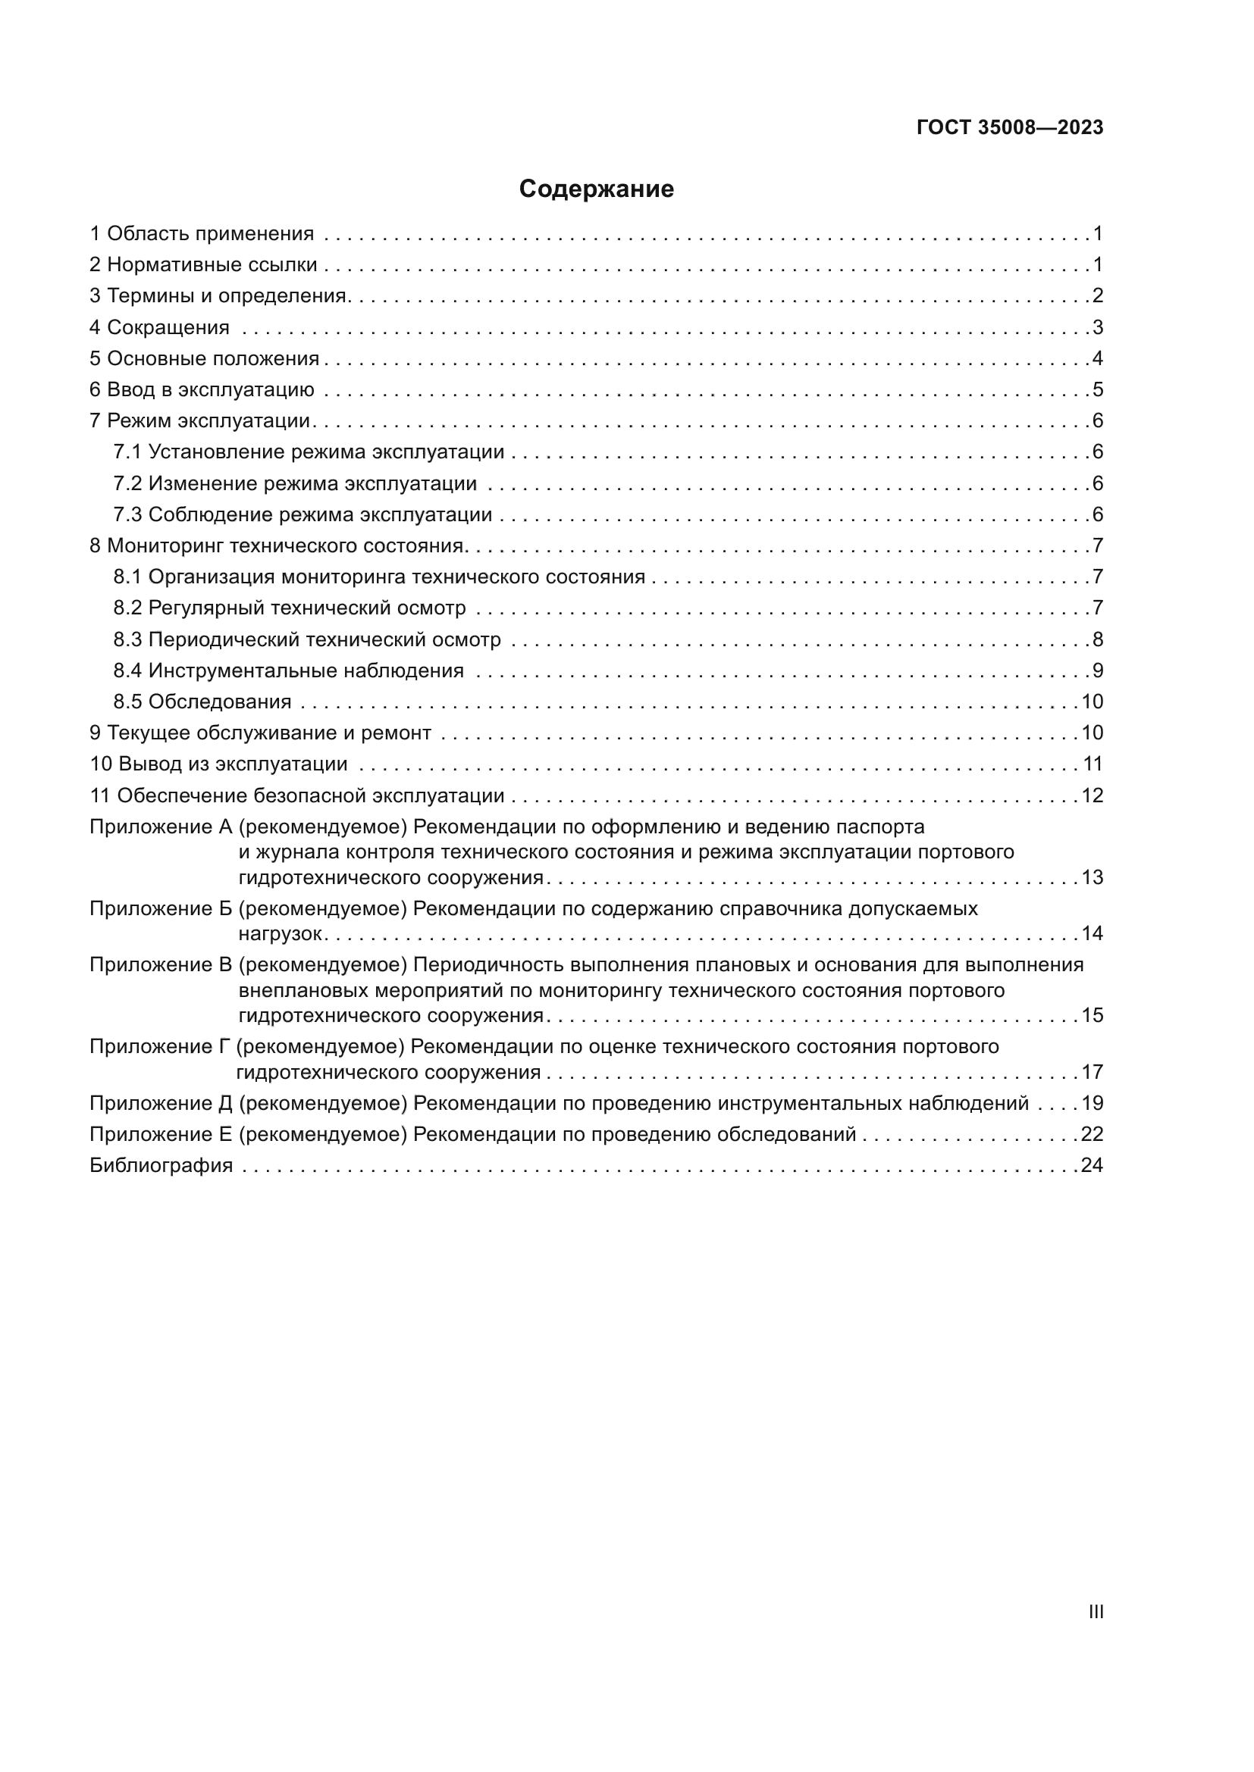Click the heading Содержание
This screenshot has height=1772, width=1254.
click(x=596, y=189)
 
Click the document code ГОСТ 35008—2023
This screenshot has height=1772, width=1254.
click(x=1009, y=127)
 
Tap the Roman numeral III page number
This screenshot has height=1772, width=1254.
click(x=1095, y=1611)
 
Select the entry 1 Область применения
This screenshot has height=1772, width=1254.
click(x=202, y=234)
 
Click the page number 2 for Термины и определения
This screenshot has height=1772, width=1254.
click(x=1097, y=295)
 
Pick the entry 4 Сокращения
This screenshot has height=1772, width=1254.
click(x=159, y=327)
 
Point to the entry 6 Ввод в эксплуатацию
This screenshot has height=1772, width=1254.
click(x=202, y=389)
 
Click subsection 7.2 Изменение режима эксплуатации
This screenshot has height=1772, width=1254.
click(x=295, y=484)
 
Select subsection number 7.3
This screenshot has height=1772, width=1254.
click(x=127, y=514)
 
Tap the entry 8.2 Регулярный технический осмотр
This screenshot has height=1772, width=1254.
click(x=290, y=608)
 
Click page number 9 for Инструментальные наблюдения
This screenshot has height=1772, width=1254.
click(x=1097, y=670)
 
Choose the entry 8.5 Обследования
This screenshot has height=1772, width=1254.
click(x=202, y=702)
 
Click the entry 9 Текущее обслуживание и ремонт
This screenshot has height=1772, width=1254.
click(x=260, y=733)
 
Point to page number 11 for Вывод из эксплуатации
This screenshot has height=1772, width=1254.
click(x=1092, y=764)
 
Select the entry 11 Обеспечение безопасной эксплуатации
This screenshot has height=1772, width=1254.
click(x=296, y=795)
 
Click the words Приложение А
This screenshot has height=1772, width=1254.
click(x=161, y=827)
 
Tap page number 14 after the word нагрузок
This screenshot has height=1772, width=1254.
click(x=1091, y=933)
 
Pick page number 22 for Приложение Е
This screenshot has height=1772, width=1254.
click(x=1091, y=1134)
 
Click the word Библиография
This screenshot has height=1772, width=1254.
click(x=161, y=1165)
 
